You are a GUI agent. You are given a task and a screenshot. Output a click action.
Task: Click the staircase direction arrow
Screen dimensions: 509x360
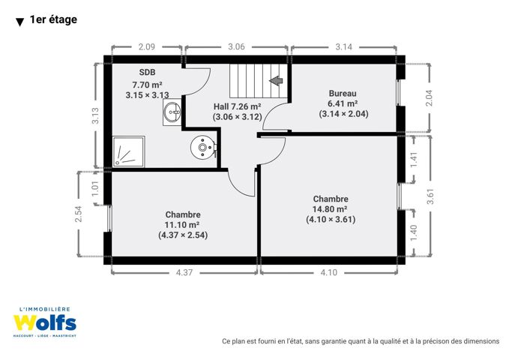point(277,80)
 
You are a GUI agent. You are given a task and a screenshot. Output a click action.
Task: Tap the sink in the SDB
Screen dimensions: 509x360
point(172,112)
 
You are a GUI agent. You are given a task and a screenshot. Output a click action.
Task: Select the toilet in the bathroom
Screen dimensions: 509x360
point(204,148)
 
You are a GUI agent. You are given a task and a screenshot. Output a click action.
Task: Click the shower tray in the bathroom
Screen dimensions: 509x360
point(128,151)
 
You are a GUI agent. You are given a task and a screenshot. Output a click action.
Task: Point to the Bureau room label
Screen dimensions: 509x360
point(343,94)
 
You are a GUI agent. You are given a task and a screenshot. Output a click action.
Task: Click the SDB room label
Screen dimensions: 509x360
point(147,72)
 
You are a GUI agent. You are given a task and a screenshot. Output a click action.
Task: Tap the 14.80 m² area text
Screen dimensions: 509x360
point(330,209)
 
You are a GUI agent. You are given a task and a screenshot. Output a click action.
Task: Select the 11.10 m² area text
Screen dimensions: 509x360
point(181,224)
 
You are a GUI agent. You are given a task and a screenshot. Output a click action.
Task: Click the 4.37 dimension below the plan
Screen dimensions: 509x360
point(184,272)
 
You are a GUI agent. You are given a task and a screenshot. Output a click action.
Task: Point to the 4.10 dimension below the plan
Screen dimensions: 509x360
point(329,272)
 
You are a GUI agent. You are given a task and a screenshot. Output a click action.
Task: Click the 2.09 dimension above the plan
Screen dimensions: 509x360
point(147,46)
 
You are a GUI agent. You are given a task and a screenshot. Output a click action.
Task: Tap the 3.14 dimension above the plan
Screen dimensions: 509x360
point(343,46)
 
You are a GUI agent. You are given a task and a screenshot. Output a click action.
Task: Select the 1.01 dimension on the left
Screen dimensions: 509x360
point(94,188)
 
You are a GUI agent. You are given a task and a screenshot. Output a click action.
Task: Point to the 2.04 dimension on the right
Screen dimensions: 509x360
point(429,97)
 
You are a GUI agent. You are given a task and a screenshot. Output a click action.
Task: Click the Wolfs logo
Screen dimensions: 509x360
point(44,322)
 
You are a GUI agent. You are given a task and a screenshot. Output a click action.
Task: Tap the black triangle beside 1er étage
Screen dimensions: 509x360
point(19,22)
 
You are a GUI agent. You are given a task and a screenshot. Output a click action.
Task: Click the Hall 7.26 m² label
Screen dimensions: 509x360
point(238,106)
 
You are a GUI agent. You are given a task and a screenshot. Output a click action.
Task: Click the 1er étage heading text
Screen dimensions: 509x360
point(53,19)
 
